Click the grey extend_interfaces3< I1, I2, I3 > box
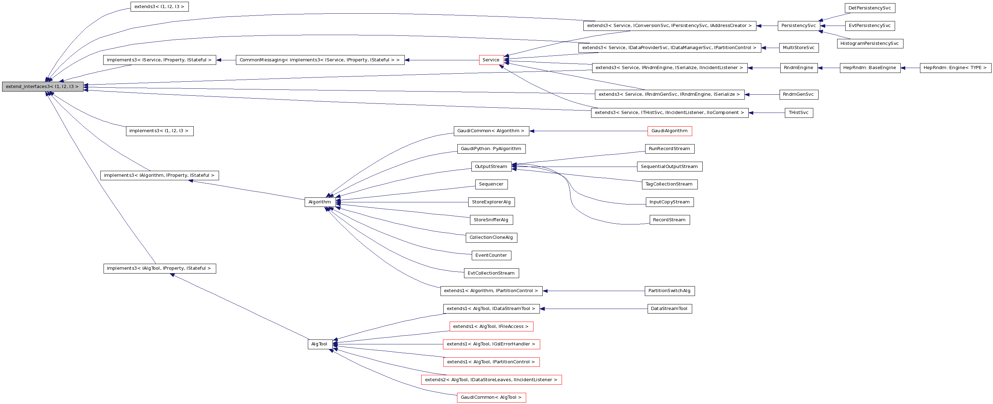pyautogui.click(x=42, y=87)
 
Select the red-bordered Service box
pyautogui.click(x=491, y=60)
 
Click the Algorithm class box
pyautogui.click(x=319, y=202)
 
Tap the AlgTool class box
pyautogui.click(x=319, y=344)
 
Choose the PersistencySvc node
pyautogui.click(x=798, y=26)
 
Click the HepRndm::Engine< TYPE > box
pyautogui.click(x=955, y=68)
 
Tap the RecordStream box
pyautogui.click(x=669, y=220)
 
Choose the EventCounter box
pyautogui.click(x=491, y=255)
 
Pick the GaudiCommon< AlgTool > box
pyautogui.click(x=491, y=397)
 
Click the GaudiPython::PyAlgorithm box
pyautogui.click(x=491, y=149)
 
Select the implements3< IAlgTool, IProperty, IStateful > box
pyautogui.click(x=159, y=268)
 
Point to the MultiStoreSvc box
pyautogui.click(x=798, y=48)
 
